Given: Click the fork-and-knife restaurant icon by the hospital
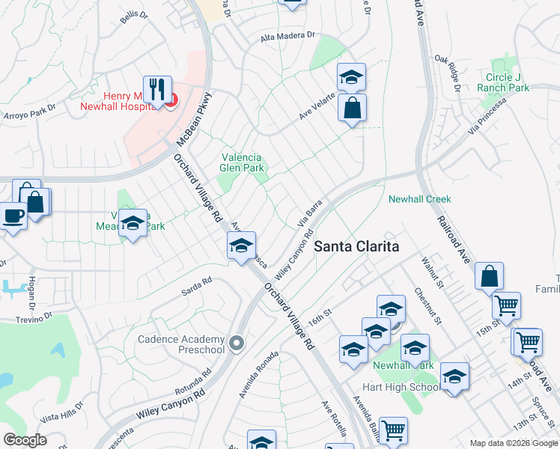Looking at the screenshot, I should pos(157,90).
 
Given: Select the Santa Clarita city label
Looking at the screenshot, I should pos(356,246).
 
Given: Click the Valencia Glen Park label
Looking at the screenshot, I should pos(242,162).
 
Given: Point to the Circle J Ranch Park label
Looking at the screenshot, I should pos(503,82).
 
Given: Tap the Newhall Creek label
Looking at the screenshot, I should pos(419,199).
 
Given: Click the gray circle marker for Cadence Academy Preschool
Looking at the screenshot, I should pos(237,343).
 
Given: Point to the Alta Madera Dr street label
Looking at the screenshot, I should pos(287,36).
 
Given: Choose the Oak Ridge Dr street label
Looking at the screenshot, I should pos(448,73).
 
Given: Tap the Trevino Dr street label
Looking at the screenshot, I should pos(34,317).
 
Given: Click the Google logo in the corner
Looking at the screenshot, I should pos(24,440).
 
